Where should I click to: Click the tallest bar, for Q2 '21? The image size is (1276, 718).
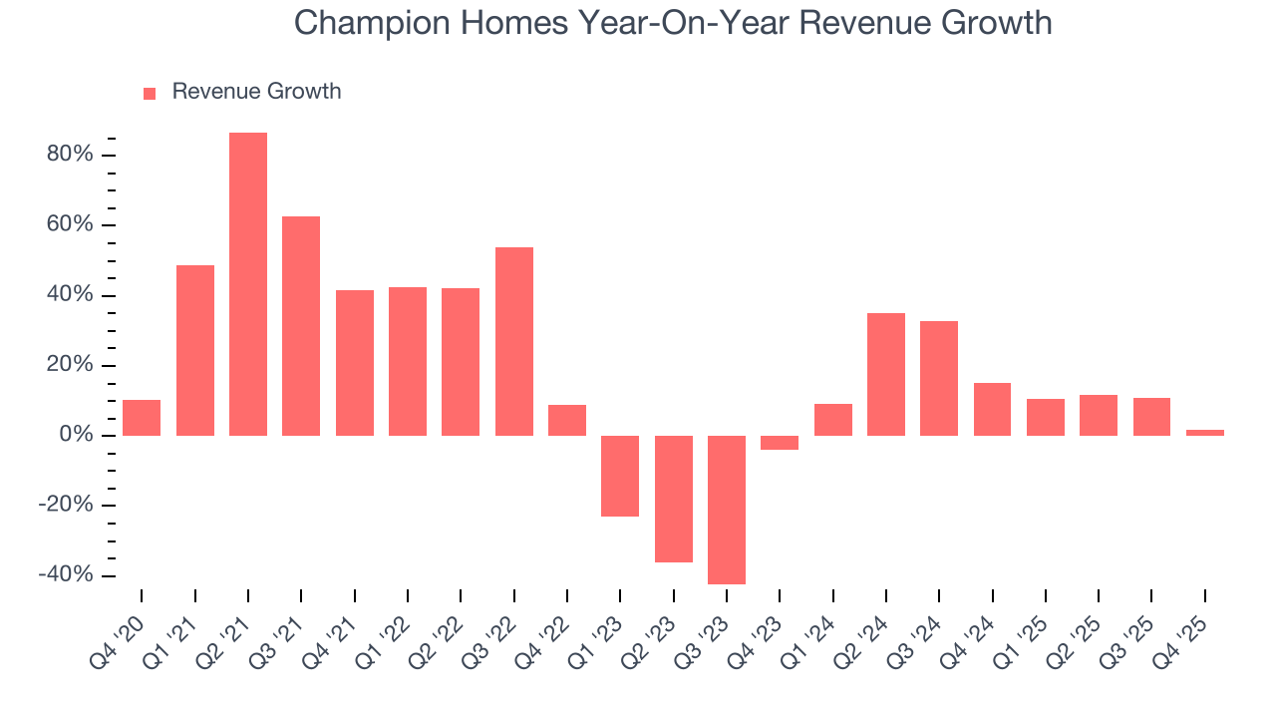tap(248, 284)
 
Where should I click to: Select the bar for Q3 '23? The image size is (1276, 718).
tap(727, 510)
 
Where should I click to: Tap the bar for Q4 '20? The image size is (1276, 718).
tap(142, 418)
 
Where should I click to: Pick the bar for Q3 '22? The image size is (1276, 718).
tap(514, 341)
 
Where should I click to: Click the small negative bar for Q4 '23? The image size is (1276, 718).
tap(780, 443)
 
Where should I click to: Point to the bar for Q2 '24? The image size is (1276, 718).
tap(886, 374)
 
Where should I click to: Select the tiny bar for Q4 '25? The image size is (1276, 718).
tap(1205, 433)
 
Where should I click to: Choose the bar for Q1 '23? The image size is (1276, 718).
tap(620, 476)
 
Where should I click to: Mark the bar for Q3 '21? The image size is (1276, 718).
tap(301, 326)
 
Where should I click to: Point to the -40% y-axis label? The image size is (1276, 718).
tap(66, 575)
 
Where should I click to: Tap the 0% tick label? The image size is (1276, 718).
tap(78, 436)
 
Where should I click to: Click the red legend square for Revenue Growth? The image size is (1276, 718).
tap(150, 93)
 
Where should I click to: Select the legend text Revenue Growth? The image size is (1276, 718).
tap(256, 92)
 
